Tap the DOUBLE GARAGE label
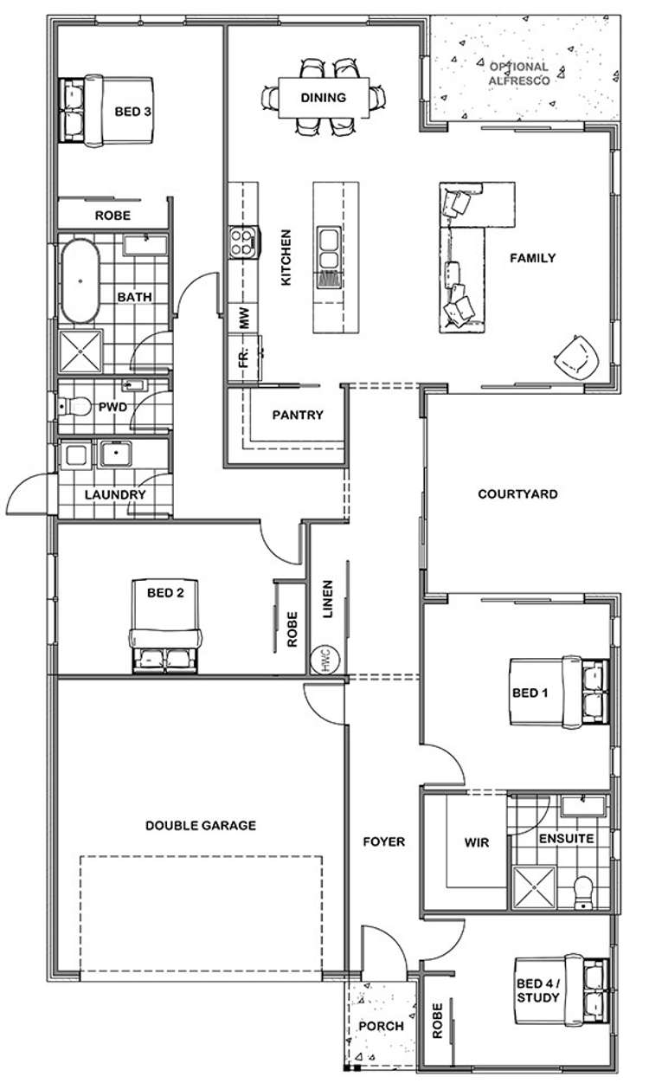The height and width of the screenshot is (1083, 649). point(201,825)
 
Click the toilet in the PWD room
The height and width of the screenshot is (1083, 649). point(75,405)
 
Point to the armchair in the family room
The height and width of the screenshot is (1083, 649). point(576,356)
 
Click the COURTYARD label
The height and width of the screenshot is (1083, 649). point(517,494)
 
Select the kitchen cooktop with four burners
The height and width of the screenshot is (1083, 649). point(244,242)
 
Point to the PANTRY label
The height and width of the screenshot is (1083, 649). point(297,415)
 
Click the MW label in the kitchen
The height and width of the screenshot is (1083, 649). point(245,319)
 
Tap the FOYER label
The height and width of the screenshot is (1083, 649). point(383,841)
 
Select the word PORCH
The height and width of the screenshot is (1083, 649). point(381,1026)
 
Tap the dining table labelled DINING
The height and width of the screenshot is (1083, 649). point(324,98)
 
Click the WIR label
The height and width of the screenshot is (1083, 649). point(477,841)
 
